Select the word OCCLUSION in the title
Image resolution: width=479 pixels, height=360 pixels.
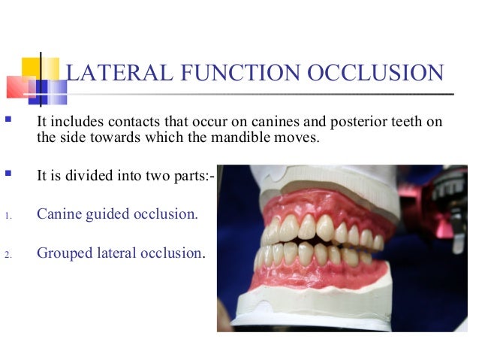(x=375, y=74)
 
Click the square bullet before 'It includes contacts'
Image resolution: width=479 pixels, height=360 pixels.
(x=9, y=120)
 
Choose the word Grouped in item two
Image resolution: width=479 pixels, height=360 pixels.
(x=65, y=253)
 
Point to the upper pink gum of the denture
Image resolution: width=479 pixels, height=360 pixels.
(x=315, y=203)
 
